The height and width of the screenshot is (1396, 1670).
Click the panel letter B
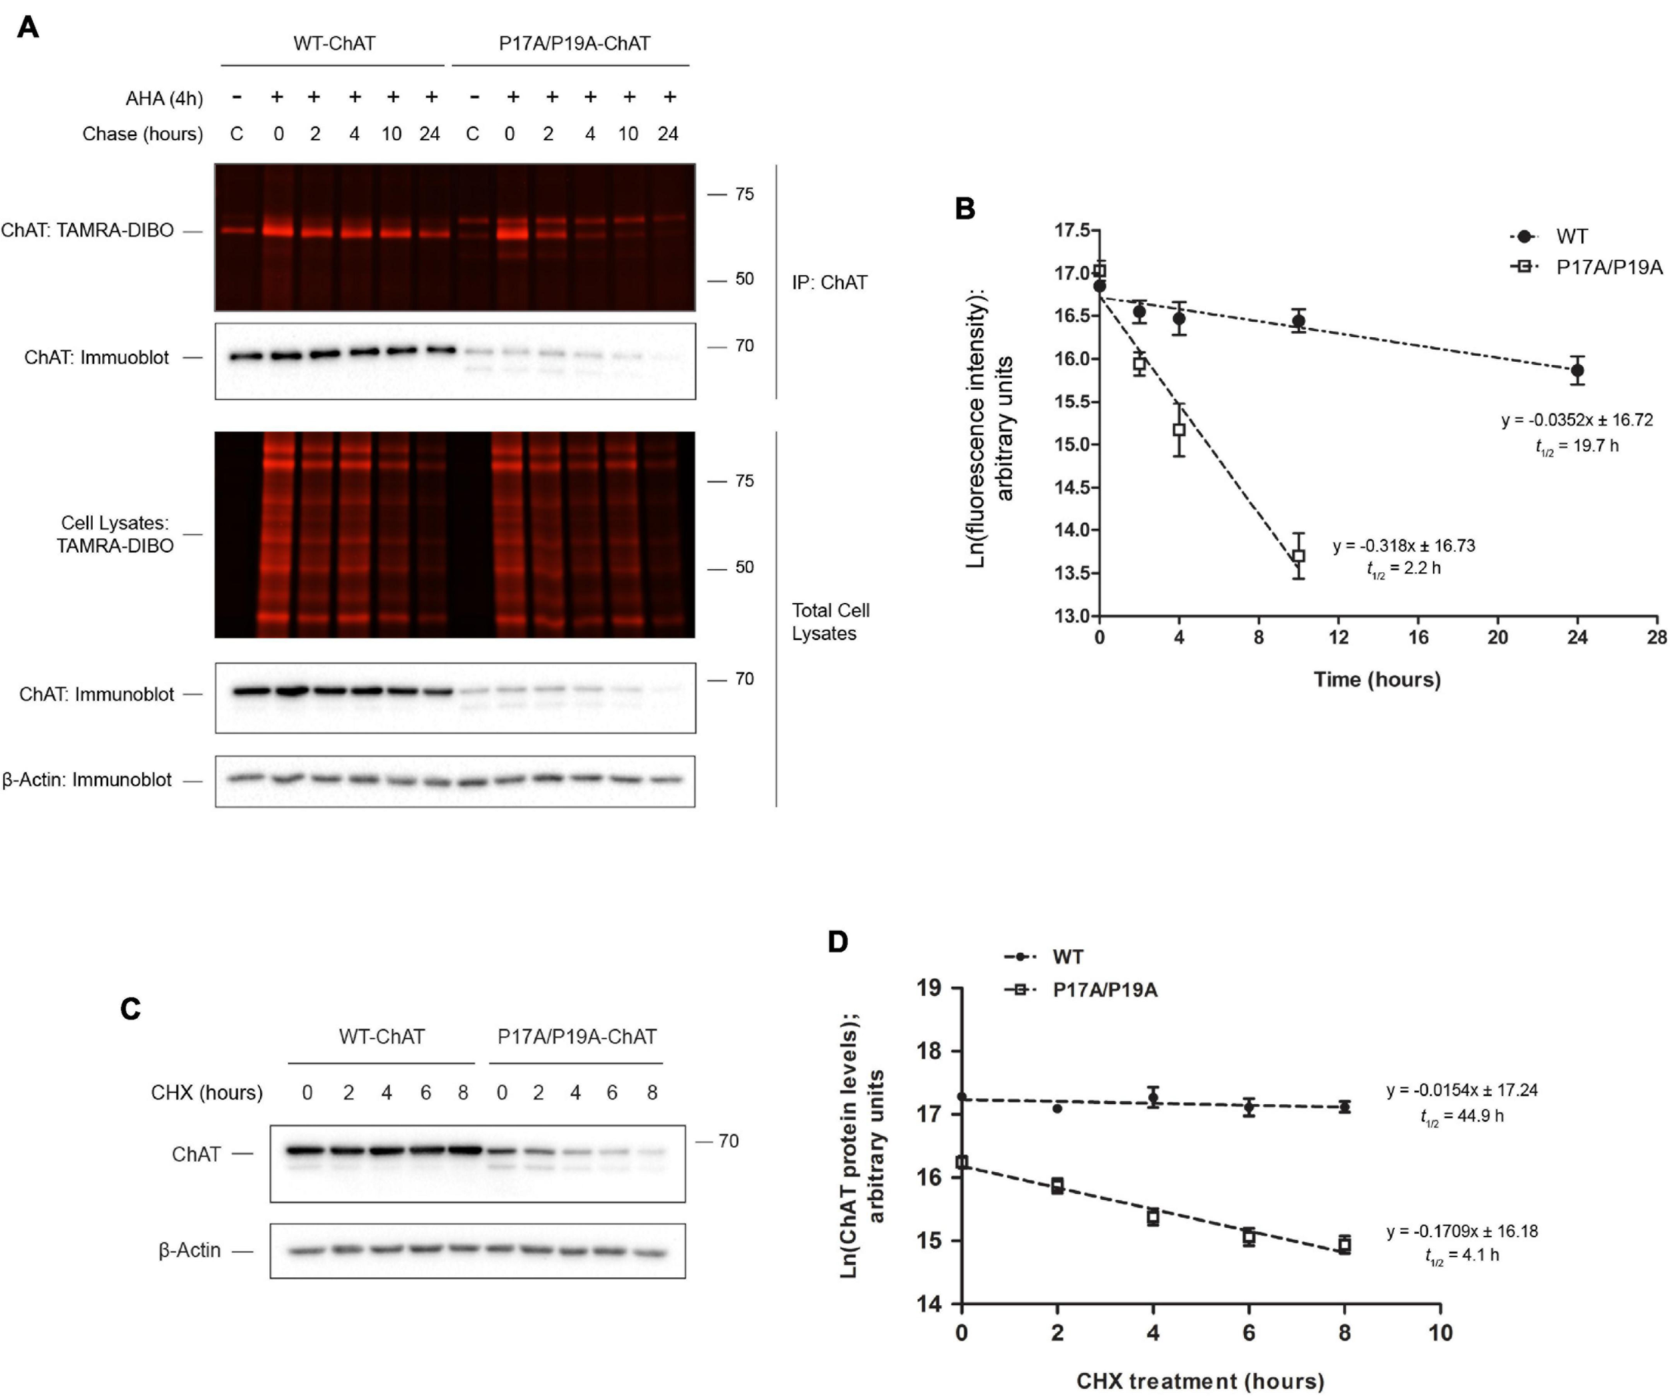coord(965,209)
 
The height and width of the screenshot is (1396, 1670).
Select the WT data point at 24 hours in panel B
coord(1578,370)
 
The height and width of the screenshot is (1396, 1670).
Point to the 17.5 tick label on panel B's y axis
coord(1071,230)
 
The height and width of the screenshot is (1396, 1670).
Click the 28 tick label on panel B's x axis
coord(1657,638)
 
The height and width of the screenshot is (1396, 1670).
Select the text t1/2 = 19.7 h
coord(1576,446)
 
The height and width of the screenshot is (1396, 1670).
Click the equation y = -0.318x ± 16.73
coord(1403,546)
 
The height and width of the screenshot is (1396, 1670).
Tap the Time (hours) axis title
coord(1377,680)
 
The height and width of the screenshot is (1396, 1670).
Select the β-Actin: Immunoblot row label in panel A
coord(88,780)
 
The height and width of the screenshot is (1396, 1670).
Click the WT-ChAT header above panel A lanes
coord(334,43)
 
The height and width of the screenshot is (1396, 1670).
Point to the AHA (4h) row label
coord(164,99)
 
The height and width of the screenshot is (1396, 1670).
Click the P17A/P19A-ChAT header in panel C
coord(576,1037)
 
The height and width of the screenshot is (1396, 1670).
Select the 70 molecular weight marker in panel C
coord(727,1141)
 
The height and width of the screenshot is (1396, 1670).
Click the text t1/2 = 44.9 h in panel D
coord(1462,1116)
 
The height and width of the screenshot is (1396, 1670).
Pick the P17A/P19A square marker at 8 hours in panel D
coord(1344,1246)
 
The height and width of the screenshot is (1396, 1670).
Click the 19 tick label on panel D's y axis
coord(928,988)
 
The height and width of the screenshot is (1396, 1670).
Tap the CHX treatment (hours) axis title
coord(1200,1381)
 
